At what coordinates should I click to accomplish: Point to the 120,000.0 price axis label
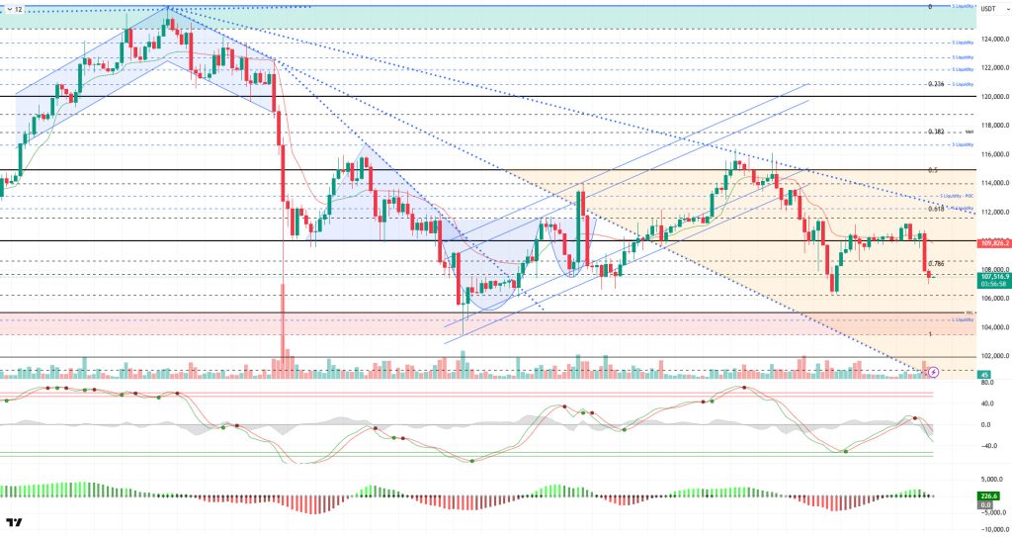coord(992,97)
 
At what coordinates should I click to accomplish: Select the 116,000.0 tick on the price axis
coord(992,154)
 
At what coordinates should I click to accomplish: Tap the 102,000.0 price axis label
coord(992,356)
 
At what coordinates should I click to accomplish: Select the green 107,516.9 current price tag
coord(991,276)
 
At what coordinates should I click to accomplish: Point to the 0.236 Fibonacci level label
coord(937,84)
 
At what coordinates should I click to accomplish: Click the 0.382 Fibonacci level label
coord(937,132)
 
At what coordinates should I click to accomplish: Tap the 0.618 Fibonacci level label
coord(937,209)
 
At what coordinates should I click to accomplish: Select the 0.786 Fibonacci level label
coord(937,263)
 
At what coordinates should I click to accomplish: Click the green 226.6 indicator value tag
coord(987,496)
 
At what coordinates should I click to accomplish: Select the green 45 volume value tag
coord(984,375)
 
